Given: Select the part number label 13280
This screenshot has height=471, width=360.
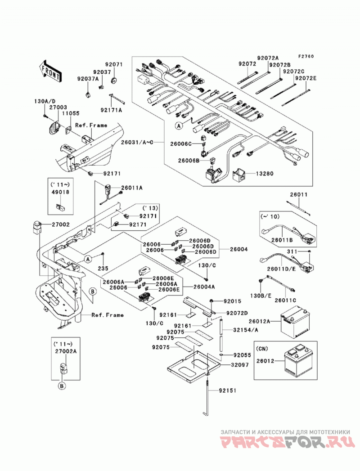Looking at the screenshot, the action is pos(265,174).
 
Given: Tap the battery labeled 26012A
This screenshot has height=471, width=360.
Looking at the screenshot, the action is pos(295,321).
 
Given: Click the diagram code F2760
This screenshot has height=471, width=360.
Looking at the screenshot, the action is pos(306,57).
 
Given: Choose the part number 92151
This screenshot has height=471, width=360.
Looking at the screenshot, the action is pos(228,390).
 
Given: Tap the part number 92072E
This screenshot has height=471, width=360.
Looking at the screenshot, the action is pos(306,78).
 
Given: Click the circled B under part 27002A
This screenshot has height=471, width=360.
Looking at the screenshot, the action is pos(62,386).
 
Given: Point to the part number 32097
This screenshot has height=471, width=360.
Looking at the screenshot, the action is pos(240,365).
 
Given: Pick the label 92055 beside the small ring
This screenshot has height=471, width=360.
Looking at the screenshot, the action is pos(242,355).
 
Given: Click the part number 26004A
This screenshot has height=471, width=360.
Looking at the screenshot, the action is pos(204,287).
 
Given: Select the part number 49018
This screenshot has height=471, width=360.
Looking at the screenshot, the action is pos(60,192).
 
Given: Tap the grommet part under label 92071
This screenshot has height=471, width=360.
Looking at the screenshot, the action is pos(114,80).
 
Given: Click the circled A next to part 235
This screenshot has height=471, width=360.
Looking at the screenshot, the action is pos(87,259).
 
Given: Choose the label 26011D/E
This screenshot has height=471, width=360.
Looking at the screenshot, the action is pos(282,269).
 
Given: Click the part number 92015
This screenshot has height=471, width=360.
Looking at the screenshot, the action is pos(232,301).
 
